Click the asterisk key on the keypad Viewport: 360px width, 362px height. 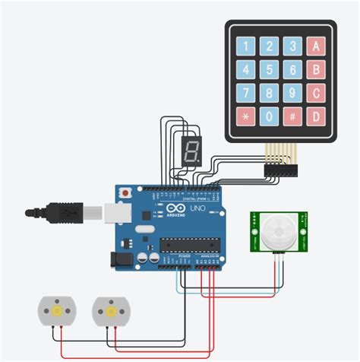click(245, 118)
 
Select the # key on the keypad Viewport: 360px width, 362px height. click(292, 118)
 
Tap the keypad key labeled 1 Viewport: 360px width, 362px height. click(245, 46)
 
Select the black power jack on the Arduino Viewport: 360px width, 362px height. click(122, 259)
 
